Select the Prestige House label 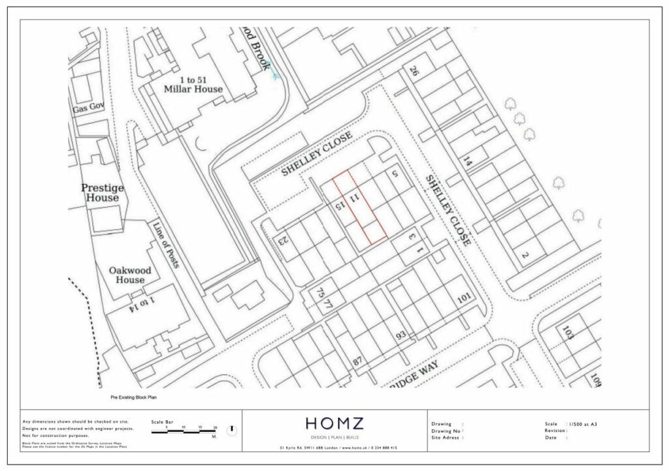coord(103,192)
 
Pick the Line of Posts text coord(165,246)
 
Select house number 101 coord(465,298)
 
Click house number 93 coord(401,335)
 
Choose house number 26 coord(413,70)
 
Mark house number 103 coord(568,335)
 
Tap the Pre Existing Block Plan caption coord(133,397)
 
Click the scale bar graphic coord(185,433)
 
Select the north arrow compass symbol coord(231,431)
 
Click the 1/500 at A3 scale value coord(583,424)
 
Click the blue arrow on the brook coord(276,76)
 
